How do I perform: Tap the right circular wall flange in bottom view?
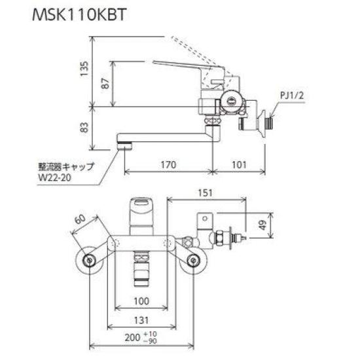(x=193, y=261)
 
